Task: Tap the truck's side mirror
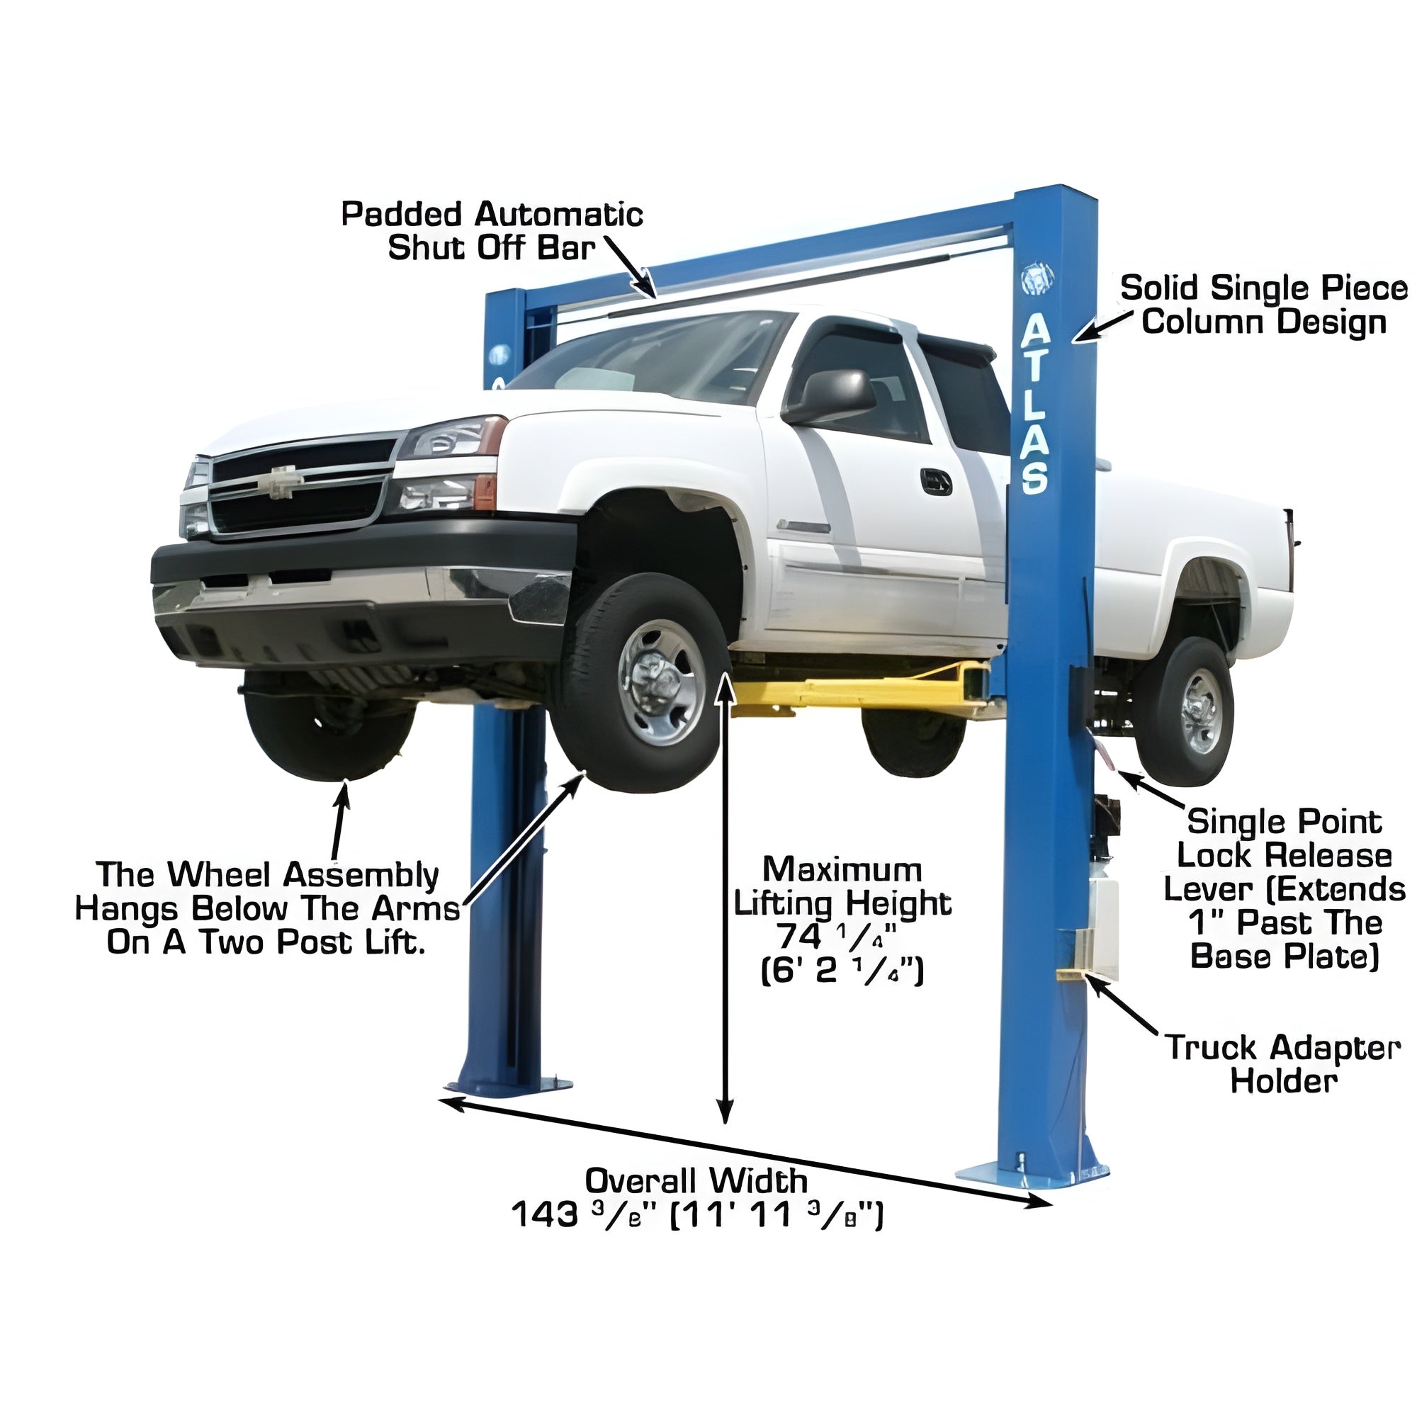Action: tap(831, 396)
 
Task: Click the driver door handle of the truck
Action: tap(936, 482)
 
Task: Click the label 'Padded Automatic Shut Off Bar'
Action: tap(492, 231)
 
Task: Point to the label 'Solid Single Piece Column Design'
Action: tap(1264, 305)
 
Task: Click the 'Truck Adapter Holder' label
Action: tap(1284, 1064)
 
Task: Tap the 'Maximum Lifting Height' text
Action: tap(842, 886)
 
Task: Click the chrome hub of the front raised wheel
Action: tap(661, 683)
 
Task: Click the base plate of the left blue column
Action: tap(509, 1086)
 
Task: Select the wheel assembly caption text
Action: tap(268, 908)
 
